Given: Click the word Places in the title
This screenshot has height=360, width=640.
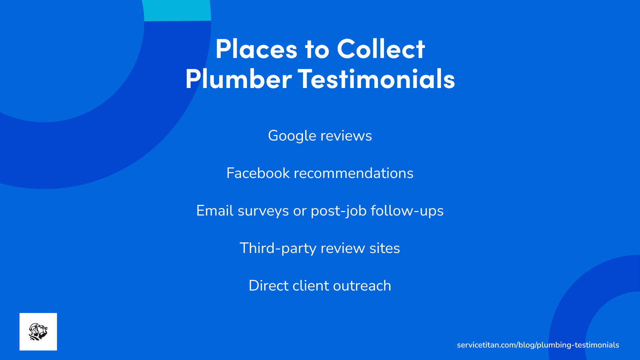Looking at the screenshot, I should point(256,49).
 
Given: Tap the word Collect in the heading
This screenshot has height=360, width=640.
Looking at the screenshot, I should point(381,49).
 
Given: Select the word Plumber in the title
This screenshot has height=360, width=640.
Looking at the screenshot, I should point(238,79).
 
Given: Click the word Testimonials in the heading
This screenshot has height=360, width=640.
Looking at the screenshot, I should point(376,79).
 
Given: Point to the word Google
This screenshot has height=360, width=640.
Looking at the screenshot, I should point(292,136).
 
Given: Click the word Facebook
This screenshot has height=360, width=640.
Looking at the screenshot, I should point(258,173).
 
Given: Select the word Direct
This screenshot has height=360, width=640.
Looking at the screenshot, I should point(268,286).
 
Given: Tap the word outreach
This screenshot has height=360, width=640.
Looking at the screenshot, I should point(362,286).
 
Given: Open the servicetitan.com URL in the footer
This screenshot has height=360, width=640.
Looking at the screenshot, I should point(538,345).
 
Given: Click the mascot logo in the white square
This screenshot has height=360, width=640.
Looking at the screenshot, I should point(38,332).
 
